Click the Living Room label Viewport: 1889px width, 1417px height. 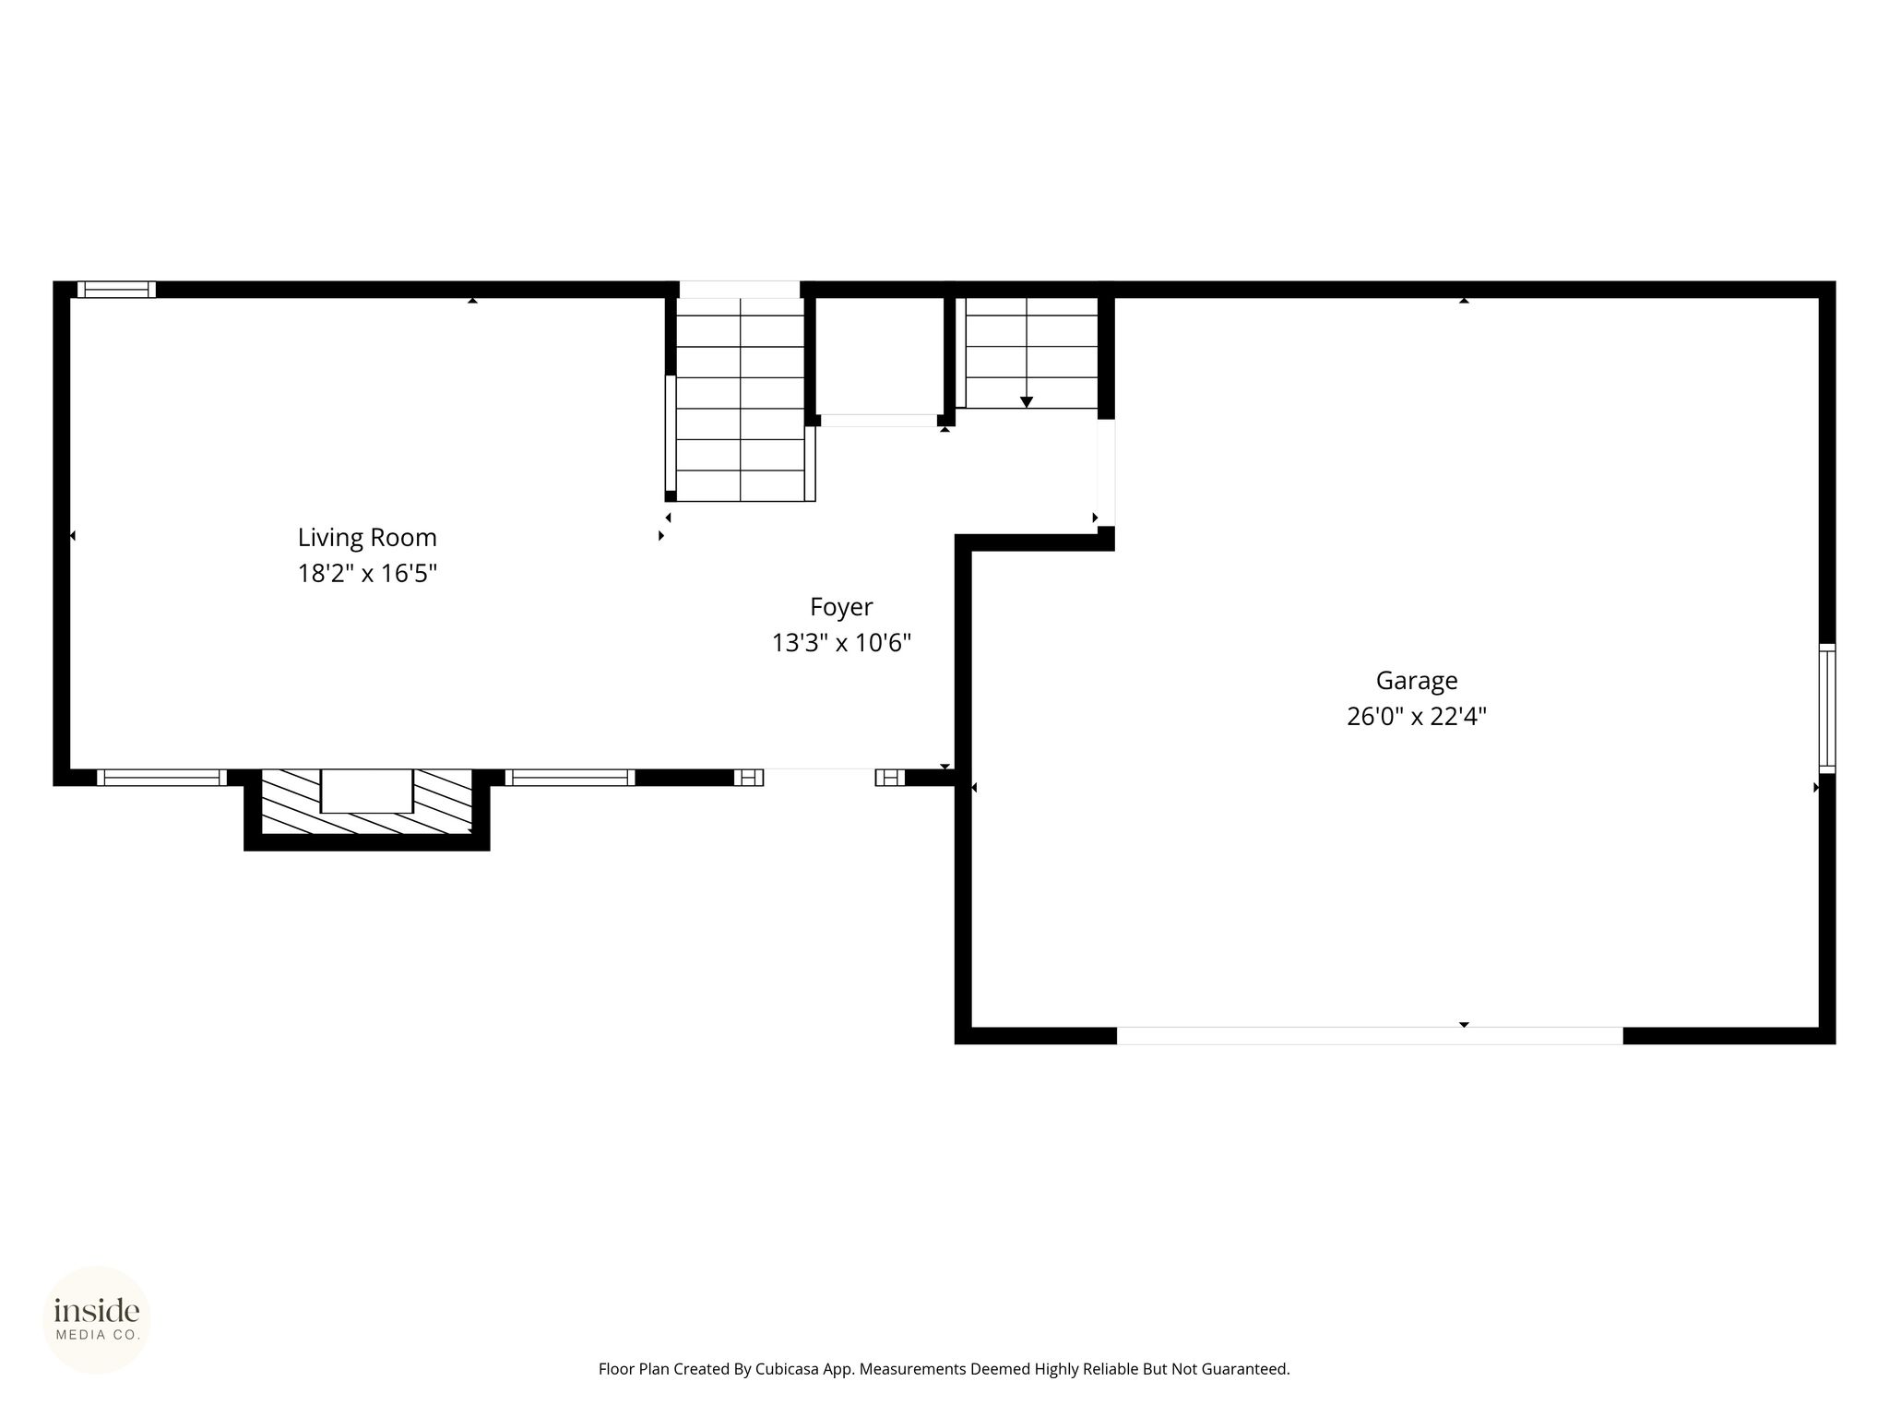tap(367, 537)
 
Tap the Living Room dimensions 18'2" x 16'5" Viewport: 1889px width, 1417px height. tap(367, 574)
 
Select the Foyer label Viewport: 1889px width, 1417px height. tap(841, 607)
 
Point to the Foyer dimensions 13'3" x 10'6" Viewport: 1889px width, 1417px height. tap(841, 643)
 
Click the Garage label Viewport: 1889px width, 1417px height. tap(1417, 681)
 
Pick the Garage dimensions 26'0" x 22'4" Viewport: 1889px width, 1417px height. tap(1417, 717)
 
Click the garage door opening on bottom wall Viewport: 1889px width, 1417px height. tap(1370, 1035)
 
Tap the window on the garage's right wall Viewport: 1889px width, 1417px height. tap(1827, 708)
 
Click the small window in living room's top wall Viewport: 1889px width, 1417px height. tap(116, 290)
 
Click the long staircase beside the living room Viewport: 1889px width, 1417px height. tap(741, 399)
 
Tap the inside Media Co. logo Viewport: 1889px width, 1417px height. tap(97, 1320)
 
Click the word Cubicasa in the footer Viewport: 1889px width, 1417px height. tap(789, 1369)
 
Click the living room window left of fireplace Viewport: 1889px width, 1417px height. tap(161, 778)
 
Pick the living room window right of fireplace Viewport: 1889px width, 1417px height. tap(570, 778)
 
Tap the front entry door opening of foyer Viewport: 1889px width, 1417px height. tap(819, 778)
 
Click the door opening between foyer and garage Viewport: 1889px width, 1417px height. tap(1106, 473)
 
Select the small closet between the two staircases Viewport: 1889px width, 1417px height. tap(880, 357)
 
